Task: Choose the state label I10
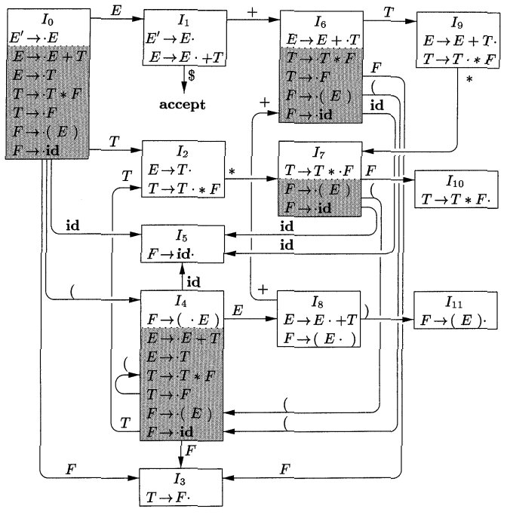[456, 182]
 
